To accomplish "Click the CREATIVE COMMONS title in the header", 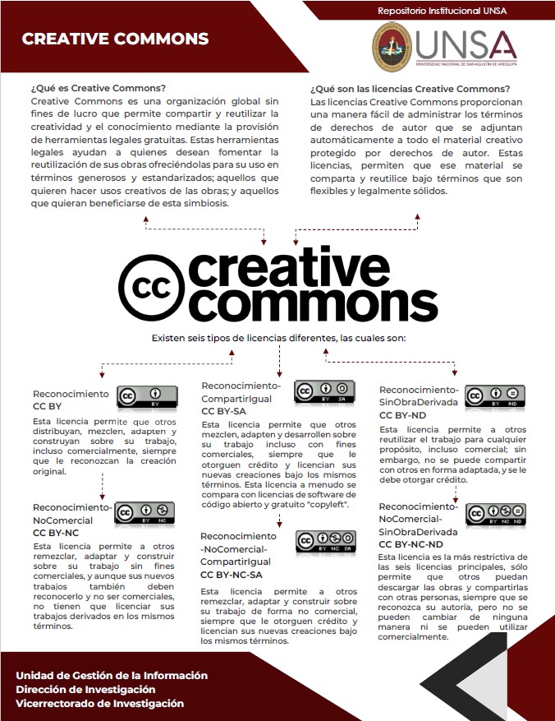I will click(x=115, y=39).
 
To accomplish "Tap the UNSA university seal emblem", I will click(x=393, y=46).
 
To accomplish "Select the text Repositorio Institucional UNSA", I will click(x=442, y=11).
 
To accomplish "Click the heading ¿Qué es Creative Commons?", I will click(x=98, y=88).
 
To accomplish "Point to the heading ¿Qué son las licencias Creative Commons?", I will click(x=410, y=89).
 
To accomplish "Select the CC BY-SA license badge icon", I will click(x=324, y=391).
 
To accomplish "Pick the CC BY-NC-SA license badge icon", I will click(x=326, y=542).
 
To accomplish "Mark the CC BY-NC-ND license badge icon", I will click(x=496, y=514).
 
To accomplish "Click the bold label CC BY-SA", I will click(x=223, y=410).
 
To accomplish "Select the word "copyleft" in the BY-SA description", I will click(x=328, y=504).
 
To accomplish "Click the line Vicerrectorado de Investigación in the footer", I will click(x=99, y=704).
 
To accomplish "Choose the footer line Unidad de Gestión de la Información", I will click(x=111, y=675).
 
